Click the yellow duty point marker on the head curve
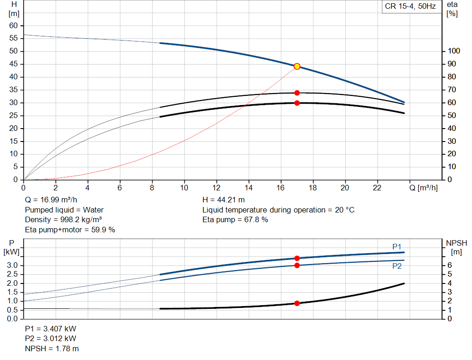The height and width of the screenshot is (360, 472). point(297,66)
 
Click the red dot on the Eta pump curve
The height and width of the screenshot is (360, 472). point(297,93)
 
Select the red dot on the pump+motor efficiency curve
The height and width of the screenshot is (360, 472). point(297,103)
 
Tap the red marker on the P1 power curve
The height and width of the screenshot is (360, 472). point(297,258)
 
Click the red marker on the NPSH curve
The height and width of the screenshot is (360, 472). point(297,303)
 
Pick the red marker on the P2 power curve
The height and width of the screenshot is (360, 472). point(297,266)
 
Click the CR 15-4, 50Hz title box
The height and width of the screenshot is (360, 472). point(410,7)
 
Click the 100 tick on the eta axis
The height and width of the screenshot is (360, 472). point(454,51)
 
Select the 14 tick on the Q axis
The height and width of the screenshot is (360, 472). point(249,188)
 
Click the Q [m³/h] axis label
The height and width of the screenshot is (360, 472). point(424,188)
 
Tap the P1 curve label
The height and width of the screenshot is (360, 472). point(397,247)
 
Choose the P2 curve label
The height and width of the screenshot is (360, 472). point(397,266)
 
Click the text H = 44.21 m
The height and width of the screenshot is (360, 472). point(224,200)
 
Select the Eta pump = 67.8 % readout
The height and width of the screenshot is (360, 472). point(235,219)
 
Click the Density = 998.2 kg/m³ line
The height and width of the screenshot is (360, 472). point(63,219)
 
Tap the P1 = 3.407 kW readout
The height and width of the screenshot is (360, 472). point(51,329)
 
